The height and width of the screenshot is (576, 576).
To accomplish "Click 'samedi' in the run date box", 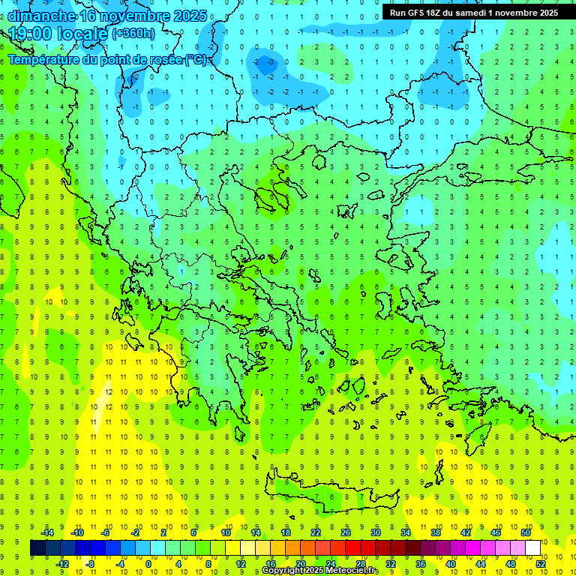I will pos(472,13).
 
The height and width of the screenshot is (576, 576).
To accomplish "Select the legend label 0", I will pos(148,564).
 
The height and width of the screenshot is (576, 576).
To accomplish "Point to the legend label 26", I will pos(346,532).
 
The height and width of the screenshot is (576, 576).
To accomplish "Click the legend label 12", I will pos(241,564).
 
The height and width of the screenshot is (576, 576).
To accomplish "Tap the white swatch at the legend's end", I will pos(533,548).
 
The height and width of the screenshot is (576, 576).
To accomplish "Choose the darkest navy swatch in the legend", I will pos(38,548).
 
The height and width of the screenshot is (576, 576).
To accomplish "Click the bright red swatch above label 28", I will pos(353,548).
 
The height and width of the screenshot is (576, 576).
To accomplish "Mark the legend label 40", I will pos(451,564).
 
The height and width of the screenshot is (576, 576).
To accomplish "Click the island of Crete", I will pos(330,495).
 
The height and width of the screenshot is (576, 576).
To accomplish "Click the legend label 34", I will pos(406,532).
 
